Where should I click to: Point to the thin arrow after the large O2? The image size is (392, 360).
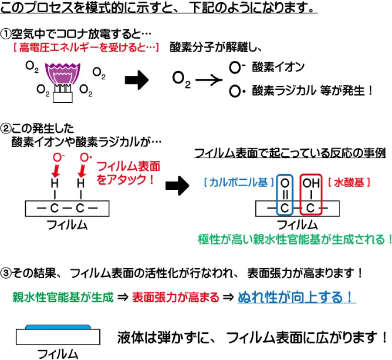[x=209, y=81]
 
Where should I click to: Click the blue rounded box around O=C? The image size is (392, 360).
[x=285, y=195]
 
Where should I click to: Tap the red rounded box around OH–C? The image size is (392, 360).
[x=310, y=195]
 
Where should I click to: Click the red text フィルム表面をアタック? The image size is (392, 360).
[x=128, y=172]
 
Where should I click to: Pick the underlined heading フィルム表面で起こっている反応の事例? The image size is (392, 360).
[x=290, y=154]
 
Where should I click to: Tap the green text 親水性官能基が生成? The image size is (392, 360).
[x=63, y=297]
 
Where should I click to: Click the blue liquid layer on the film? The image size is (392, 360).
[x=58, y=326]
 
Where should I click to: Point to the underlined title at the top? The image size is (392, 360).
[x=159, y=9]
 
